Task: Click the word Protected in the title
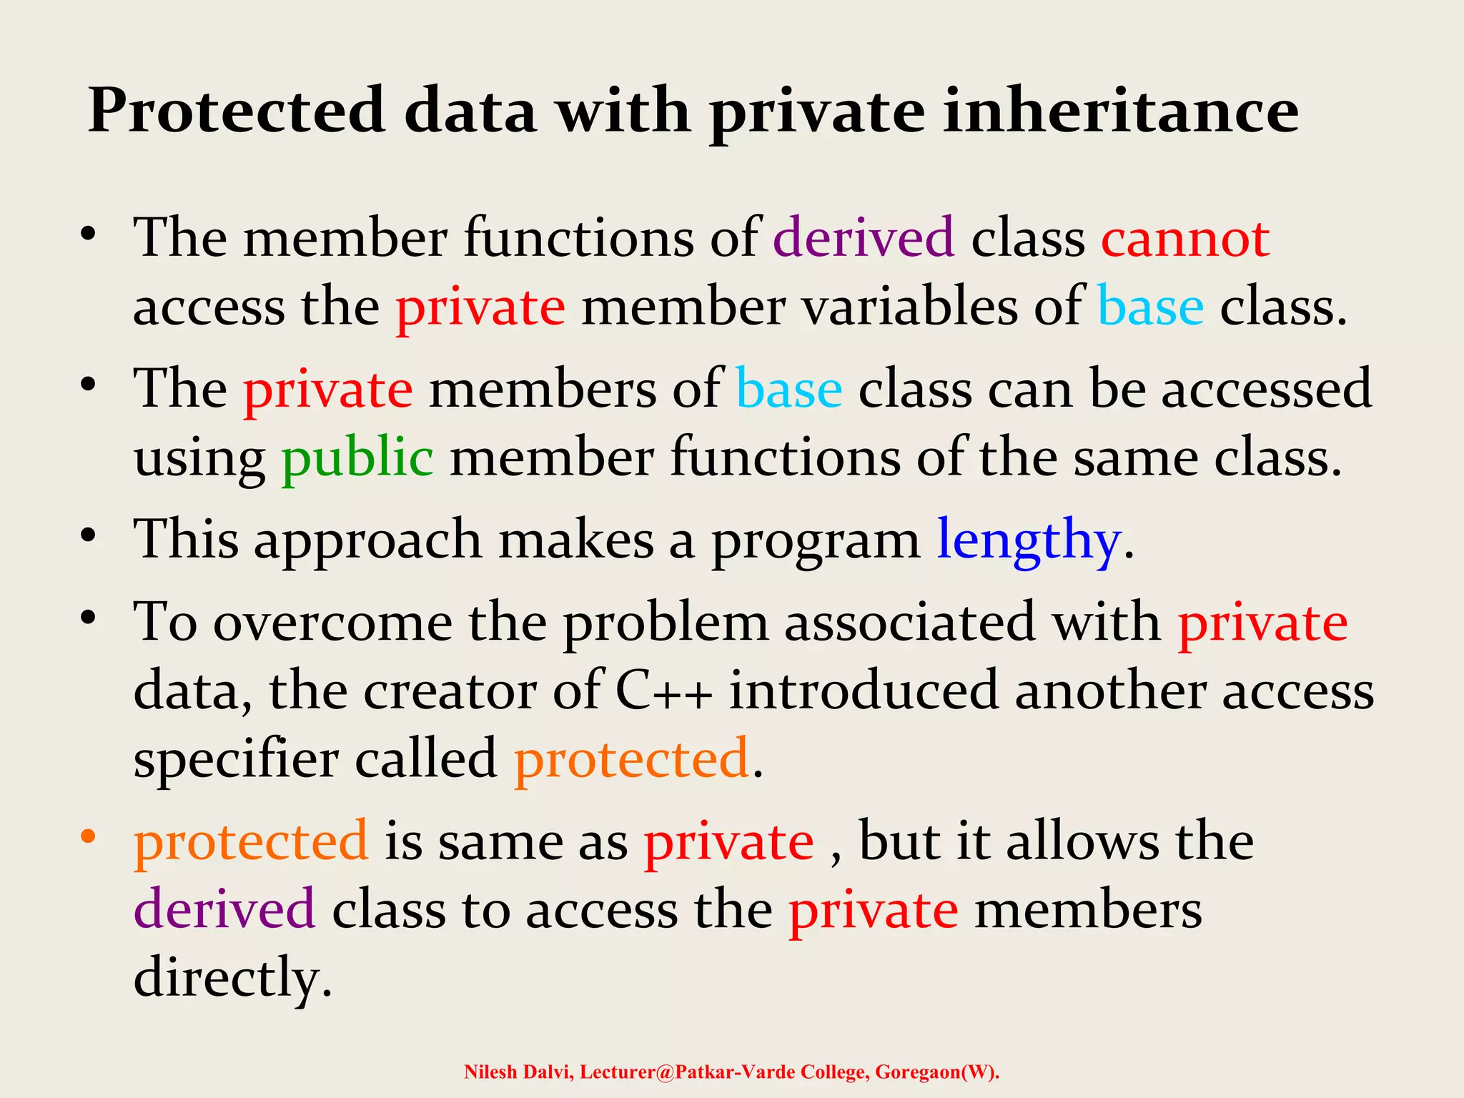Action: [237, 111]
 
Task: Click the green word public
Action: [357, 458]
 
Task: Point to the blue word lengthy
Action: [1028, 540]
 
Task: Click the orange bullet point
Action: [88, 836]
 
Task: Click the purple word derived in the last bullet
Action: [224, 909]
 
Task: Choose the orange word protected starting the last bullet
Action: [251, 842]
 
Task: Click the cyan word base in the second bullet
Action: [789, 390]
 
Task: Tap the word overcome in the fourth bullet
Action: [333, 623]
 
